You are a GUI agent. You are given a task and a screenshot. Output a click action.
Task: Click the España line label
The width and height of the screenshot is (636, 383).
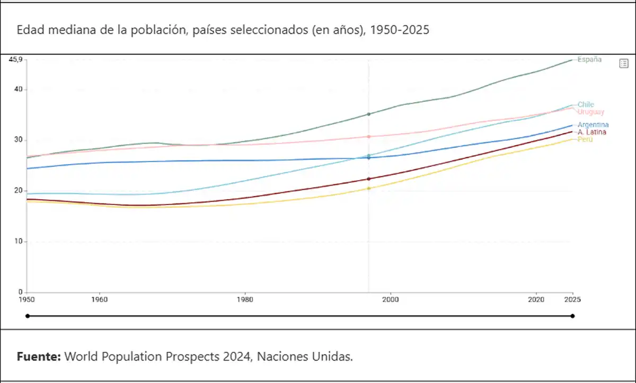[589, 59]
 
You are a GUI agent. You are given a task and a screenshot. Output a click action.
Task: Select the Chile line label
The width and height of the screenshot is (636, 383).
[586, 104]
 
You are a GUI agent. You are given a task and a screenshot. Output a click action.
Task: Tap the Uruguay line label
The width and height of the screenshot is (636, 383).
[590, 112]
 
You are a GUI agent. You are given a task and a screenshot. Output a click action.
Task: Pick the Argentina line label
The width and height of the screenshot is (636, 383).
[593, 125]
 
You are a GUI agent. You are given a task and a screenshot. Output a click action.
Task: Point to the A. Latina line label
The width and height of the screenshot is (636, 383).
[592, 132]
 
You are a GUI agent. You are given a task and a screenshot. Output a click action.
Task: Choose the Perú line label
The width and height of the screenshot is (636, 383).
[585, 139]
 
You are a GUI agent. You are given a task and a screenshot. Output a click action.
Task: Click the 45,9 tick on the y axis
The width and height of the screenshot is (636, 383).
[15, 59]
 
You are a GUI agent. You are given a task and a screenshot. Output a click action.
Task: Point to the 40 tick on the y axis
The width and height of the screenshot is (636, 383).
[19, 90]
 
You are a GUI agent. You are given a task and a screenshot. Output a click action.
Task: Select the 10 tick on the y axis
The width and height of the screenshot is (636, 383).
[19, 242]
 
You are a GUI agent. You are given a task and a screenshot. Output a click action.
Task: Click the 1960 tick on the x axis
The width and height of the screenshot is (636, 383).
[99, 299]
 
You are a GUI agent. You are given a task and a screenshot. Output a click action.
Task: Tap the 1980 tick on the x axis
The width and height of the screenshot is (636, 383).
[245, 299]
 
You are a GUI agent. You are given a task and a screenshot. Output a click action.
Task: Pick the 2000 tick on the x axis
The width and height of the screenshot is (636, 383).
[391, 299]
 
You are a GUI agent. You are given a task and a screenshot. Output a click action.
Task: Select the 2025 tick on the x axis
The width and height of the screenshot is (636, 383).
[572, 299]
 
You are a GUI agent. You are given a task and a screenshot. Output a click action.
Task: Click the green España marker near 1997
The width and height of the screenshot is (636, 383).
[369, 114]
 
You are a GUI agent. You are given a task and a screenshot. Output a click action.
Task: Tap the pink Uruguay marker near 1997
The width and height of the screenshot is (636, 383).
[369, 137]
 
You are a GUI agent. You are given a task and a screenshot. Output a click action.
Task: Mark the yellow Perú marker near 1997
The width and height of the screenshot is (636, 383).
[369, 189]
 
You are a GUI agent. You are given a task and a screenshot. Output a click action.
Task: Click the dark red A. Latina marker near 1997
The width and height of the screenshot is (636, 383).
[369, 179]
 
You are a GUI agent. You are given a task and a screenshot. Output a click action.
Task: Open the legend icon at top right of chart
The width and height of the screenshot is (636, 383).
[624, 64]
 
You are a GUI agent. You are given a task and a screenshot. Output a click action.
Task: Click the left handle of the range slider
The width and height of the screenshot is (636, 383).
[27, 316]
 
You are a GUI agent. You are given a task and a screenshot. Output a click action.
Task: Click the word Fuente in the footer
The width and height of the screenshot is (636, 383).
[39, 357]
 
